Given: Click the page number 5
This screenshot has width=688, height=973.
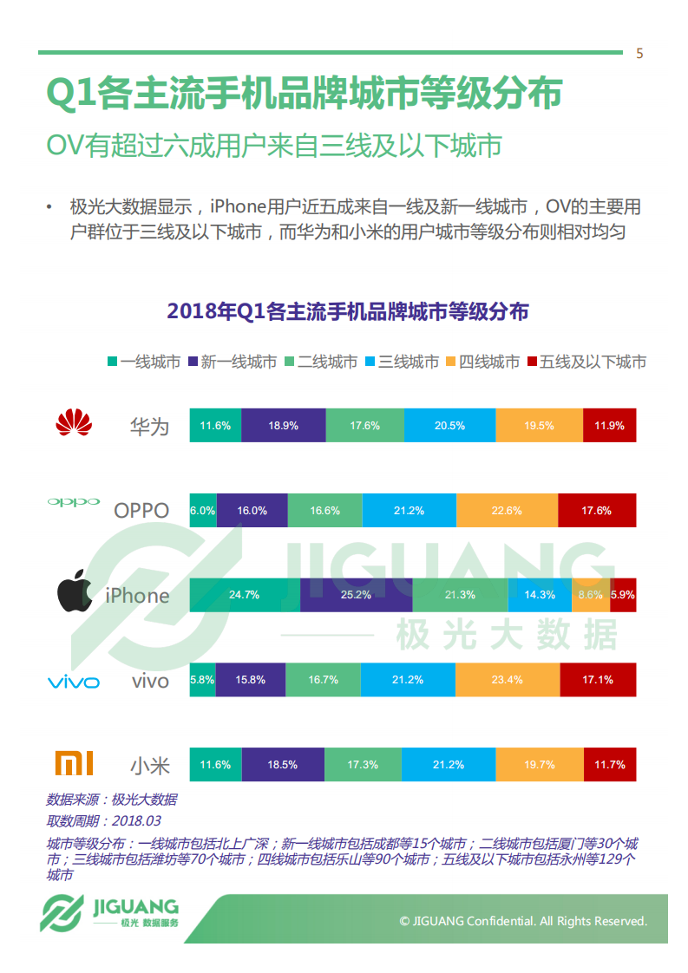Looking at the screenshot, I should click(639, 54).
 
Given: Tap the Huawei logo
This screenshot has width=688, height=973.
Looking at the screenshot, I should click(73, 424).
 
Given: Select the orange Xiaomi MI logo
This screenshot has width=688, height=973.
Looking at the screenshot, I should click(74, 763).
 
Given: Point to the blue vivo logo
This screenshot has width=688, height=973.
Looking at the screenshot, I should click(73, 682).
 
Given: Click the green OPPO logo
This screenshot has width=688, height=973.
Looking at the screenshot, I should click(73, 502).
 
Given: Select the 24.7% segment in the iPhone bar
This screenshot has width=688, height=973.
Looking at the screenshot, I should click(244, 595).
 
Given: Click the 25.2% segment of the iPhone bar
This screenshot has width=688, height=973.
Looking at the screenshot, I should click(356, 595).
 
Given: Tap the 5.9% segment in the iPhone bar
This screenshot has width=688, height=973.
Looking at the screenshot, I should click(623, 595).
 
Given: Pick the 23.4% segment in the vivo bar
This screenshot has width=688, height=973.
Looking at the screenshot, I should click(507, 680).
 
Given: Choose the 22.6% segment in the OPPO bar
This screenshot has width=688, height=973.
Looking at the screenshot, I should click(507, 511).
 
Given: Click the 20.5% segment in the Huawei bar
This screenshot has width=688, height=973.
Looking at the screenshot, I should click(449, 426).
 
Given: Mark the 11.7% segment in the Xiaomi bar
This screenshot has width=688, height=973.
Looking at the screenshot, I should click(610, 765).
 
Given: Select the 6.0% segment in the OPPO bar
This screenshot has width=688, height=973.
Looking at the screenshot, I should click(203, 511).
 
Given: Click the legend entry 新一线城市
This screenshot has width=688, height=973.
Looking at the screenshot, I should click(232, 362).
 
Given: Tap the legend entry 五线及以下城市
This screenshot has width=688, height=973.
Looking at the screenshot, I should click(586, 362).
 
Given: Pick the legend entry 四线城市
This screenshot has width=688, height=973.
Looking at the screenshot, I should click(482, 362).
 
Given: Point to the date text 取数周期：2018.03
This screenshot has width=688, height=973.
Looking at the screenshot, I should click(103, 820).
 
